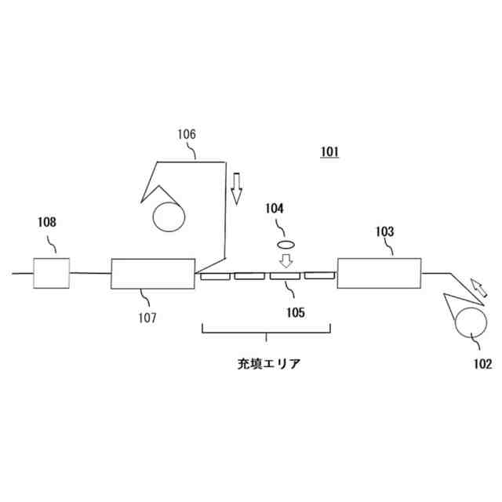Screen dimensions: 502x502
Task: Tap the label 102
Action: click(x=482, y=363)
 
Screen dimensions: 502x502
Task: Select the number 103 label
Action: click(x=384, y=231)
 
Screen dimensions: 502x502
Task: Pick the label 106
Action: click(x=185, y=134)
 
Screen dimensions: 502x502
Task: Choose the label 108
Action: click(x=46, y=222)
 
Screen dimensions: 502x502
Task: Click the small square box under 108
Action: click(x=51, y=273)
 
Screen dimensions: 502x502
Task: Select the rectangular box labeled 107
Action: click(x=152, y=274)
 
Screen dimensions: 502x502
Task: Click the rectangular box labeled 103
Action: click(x=380, y=273)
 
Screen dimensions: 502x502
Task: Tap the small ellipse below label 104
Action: click(x=287, y=245)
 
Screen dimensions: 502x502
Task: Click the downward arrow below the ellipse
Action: click(x=287, y=260)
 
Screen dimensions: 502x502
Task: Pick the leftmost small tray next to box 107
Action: click(x=213, y=276)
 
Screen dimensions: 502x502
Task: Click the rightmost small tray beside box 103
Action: click(x=318, y=275)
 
